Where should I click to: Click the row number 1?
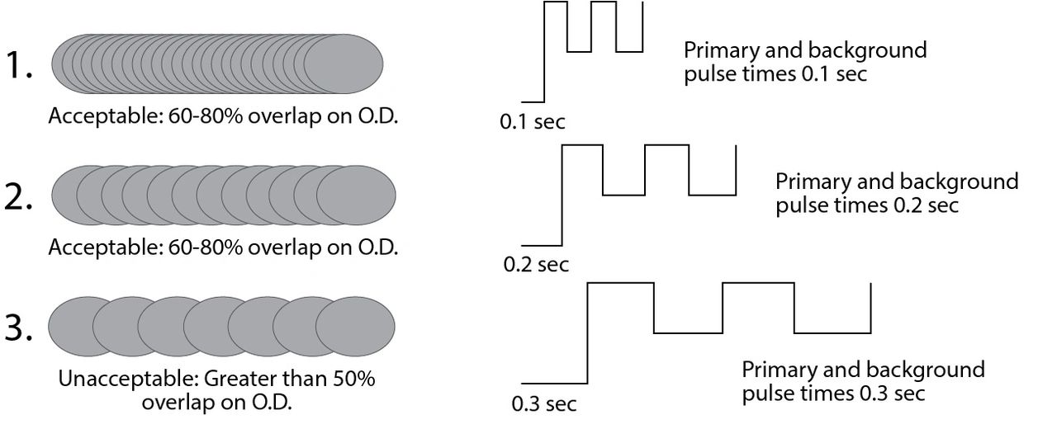click(17, 66)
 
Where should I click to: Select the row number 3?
click(18, 327)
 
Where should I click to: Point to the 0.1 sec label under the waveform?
click(533, 122)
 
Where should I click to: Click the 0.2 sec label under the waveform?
click(536, 265)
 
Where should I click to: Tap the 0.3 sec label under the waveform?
click(544, 405)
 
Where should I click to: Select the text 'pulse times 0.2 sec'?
click(867, 205)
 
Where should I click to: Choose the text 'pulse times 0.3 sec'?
click(833, 393)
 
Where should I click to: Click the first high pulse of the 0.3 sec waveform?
click(620, 283)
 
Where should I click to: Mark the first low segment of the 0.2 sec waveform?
click(623, 195)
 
